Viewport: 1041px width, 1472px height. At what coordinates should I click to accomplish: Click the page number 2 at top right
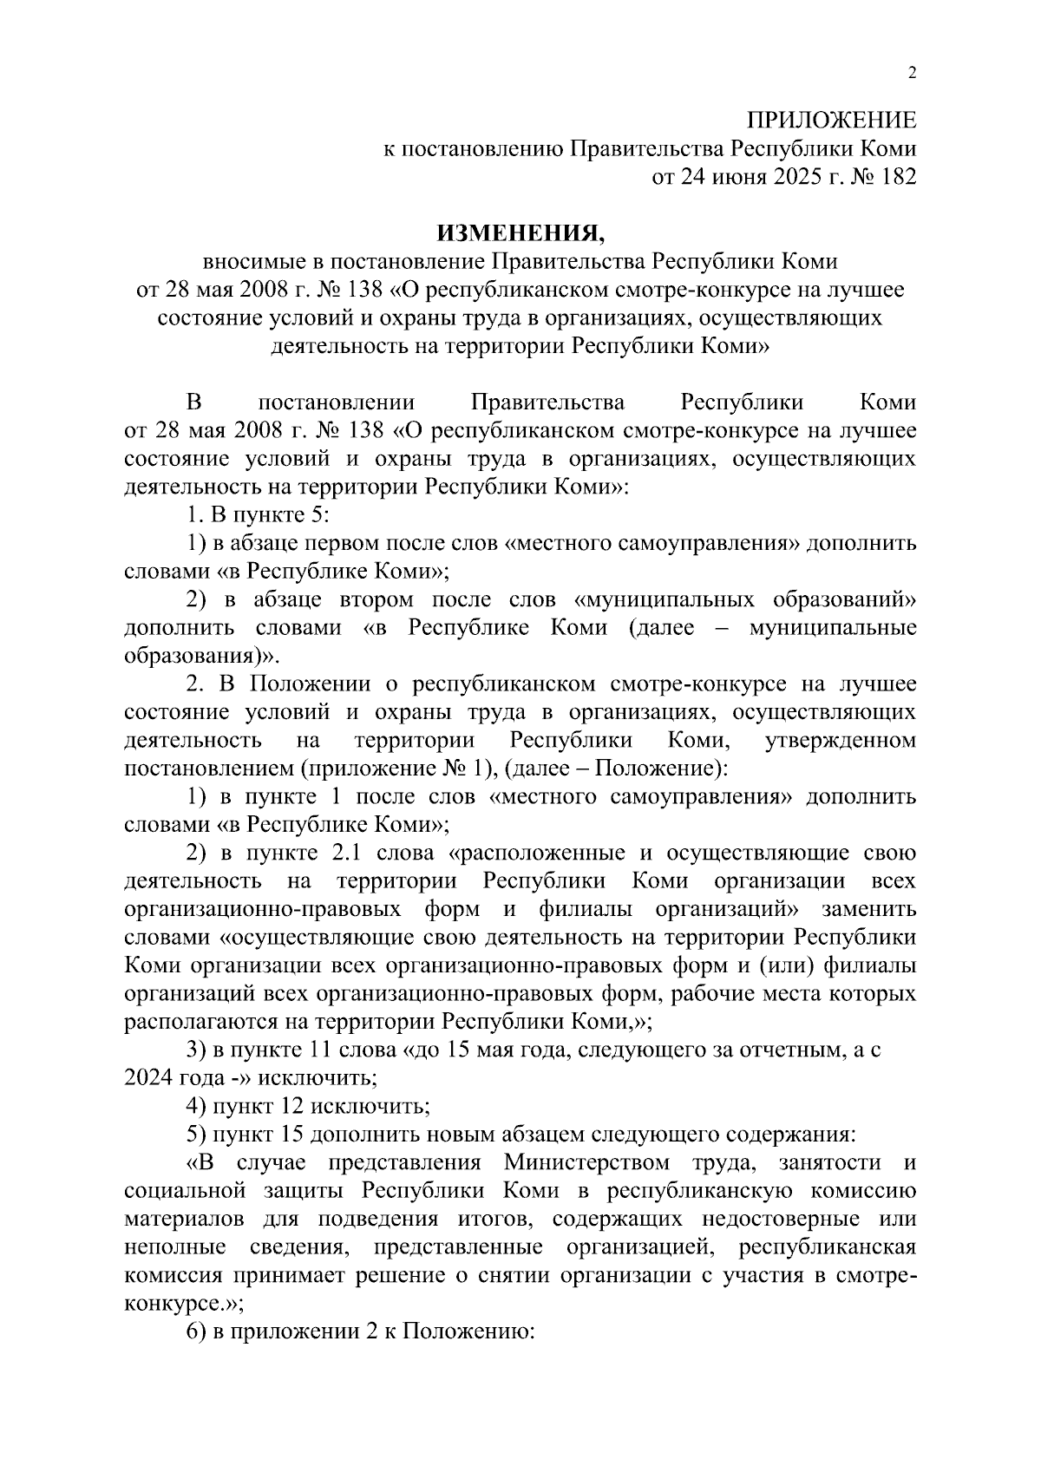click(x=911, y=74)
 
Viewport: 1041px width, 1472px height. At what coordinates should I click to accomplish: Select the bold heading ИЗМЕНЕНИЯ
click(x=520, y=232)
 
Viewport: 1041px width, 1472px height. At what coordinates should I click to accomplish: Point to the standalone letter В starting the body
click(x=193, y=402)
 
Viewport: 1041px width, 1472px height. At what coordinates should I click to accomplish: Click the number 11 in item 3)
click(x=315, y=1050)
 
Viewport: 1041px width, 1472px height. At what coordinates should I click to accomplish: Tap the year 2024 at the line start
click(x=148, y=1078)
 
